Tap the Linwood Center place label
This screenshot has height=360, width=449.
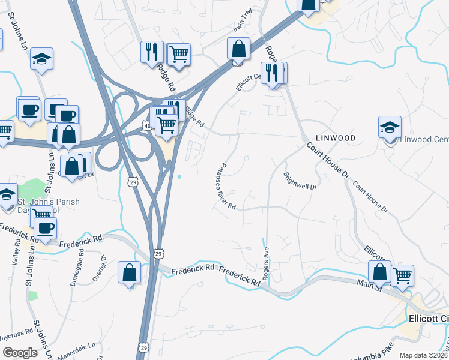424,140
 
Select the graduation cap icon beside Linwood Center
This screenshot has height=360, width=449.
390,128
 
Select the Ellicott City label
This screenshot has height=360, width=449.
428,318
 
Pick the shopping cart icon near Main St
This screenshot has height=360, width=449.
402,275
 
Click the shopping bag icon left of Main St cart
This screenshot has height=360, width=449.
379,271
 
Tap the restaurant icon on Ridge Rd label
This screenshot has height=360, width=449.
152,52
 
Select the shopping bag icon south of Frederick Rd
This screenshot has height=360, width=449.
130,273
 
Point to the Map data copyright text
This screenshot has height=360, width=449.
424,355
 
